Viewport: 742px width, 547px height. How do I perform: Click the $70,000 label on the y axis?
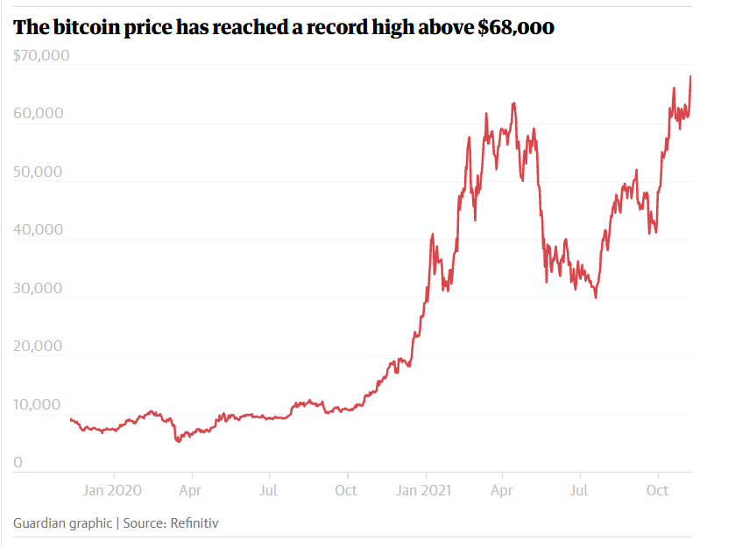click(x=41, y=56)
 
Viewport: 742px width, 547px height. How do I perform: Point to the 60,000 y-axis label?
click(x=38, y=114)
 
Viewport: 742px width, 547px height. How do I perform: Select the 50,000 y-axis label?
click(x=38, y=172)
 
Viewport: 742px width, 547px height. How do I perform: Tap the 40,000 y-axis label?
click(x=38, y=230)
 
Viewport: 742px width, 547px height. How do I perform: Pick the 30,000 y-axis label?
click(x=38, y=288)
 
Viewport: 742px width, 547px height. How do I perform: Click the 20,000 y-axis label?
click(x=38, y=346)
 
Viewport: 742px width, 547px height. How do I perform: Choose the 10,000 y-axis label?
click(x=38, y=404)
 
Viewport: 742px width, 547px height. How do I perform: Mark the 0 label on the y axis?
click(x=18, y=462)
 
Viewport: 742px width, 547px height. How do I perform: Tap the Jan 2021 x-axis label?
click(x=426, y=489)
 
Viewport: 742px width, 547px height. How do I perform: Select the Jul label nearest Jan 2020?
click(x=269, y=489)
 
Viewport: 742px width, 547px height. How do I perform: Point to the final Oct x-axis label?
click(x=658, y=489)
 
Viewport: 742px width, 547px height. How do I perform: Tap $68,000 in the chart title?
click(x=516, y=28)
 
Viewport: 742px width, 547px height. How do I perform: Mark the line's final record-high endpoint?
click(x=690, y=76)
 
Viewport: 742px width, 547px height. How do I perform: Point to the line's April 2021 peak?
click(x=513, y=102)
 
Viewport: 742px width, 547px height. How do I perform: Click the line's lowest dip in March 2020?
click(x=178, y=441)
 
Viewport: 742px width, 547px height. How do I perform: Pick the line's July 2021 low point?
click(x=596, y=298)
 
